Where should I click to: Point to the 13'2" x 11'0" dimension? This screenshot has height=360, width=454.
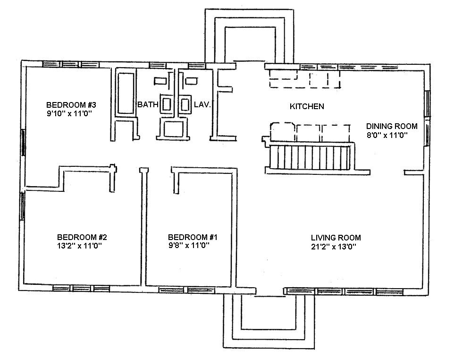78,246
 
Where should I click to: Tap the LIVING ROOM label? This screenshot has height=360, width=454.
336,238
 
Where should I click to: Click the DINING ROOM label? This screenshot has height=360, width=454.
392,126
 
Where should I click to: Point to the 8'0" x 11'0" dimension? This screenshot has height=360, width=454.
387,135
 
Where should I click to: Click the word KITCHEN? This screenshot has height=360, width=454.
307,107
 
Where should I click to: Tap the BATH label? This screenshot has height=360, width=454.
147,104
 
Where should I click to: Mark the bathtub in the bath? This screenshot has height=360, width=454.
125,93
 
